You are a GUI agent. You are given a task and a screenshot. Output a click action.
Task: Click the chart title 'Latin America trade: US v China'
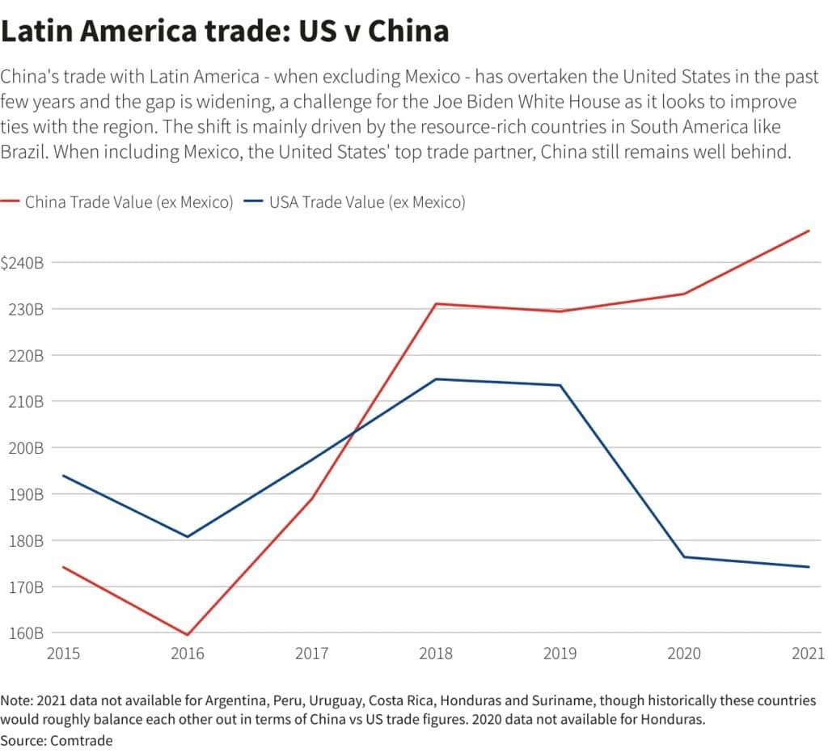pos(225,32)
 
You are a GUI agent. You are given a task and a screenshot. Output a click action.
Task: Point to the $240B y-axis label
pos(22,263)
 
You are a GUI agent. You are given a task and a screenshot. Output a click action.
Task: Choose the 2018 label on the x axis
pos(436,654)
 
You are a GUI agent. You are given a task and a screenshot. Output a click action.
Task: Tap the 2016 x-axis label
pos(188,654)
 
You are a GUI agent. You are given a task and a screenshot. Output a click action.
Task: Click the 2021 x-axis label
pos(807,654)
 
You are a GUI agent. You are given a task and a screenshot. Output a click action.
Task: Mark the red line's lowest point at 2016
pos(188,635)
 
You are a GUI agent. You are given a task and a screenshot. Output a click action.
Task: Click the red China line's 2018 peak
pos(436,303)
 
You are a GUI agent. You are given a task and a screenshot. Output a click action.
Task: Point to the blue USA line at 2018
pos(436,379)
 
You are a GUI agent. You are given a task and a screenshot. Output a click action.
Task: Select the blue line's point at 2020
pos(684,556)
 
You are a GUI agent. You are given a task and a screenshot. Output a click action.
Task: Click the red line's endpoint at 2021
pos(809,231)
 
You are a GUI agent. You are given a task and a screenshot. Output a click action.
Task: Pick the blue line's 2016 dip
pos(188,536)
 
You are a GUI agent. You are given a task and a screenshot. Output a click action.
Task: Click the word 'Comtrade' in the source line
pos(82,740)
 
